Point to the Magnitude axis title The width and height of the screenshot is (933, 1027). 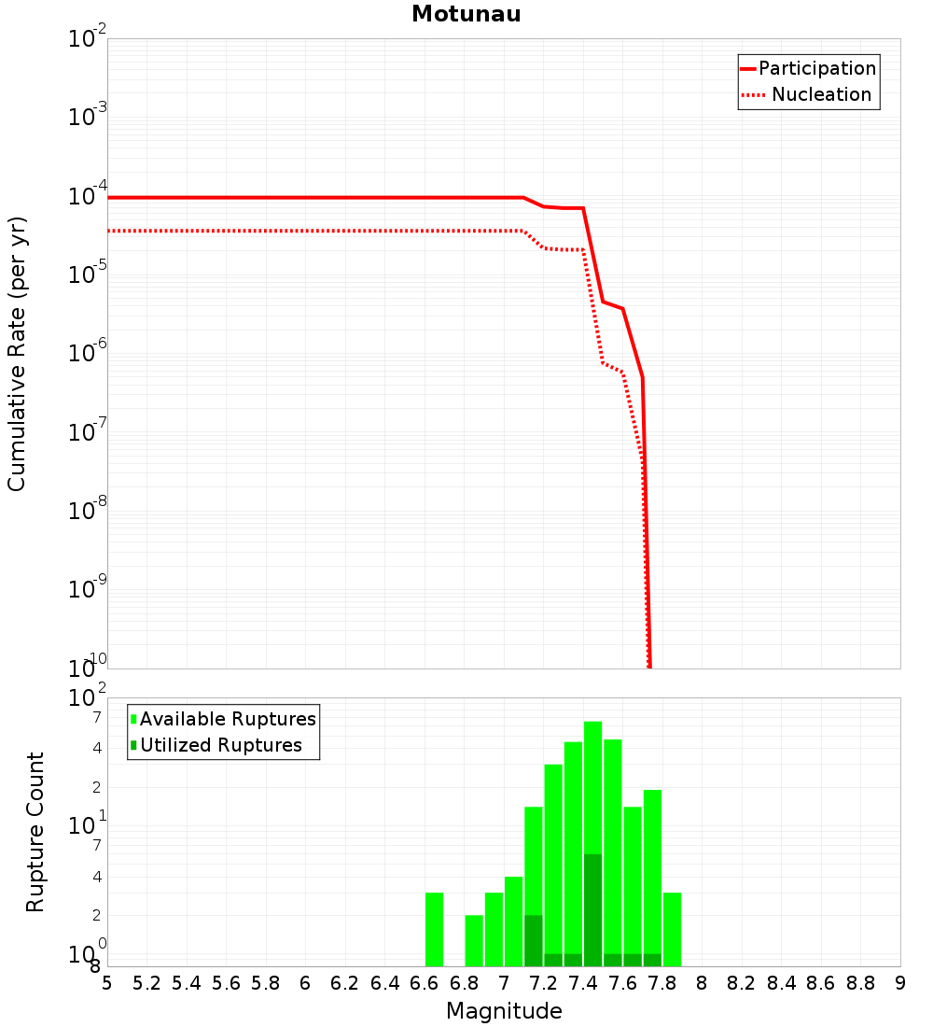pyautogui.click(x=504, y=1011)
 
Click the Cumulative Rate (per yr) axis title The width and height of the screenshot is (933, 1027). pyautogui.click(x=17, y=354)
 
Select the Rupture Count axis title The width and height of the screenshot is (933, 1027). pyautogui.click(x=35, y=832)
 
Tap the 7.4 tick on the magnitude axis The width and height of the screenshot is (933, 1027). pyautogui.click(x=583, y=983)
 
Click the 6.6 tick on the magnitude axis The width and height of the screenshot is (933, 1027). pyautogui.click(x=425, y=983)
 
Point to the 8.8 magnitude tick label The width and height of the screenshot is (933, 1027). pyautogui.click(x=860, y=983)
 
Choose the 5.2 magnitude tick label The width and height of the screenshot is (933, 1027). pyautogui.click(x=146, y=983)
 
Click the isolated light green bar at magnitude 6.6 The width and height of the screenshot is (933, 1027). pyautogui.click(x=434, y=929)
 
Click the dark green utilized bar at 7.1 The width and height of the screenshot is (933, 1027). pyautogui.click(x=534, y=941)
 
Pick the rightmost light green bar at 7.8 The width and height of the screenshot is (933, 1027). pyautogui.click(x=672, y=929)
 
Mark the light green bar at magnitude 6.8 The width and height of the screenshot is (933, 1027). pyautogui.click(x=474, y=941)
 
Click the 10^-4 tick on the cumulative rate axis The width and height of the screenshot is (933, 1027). pyautogui.click(x=88, y=198)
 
